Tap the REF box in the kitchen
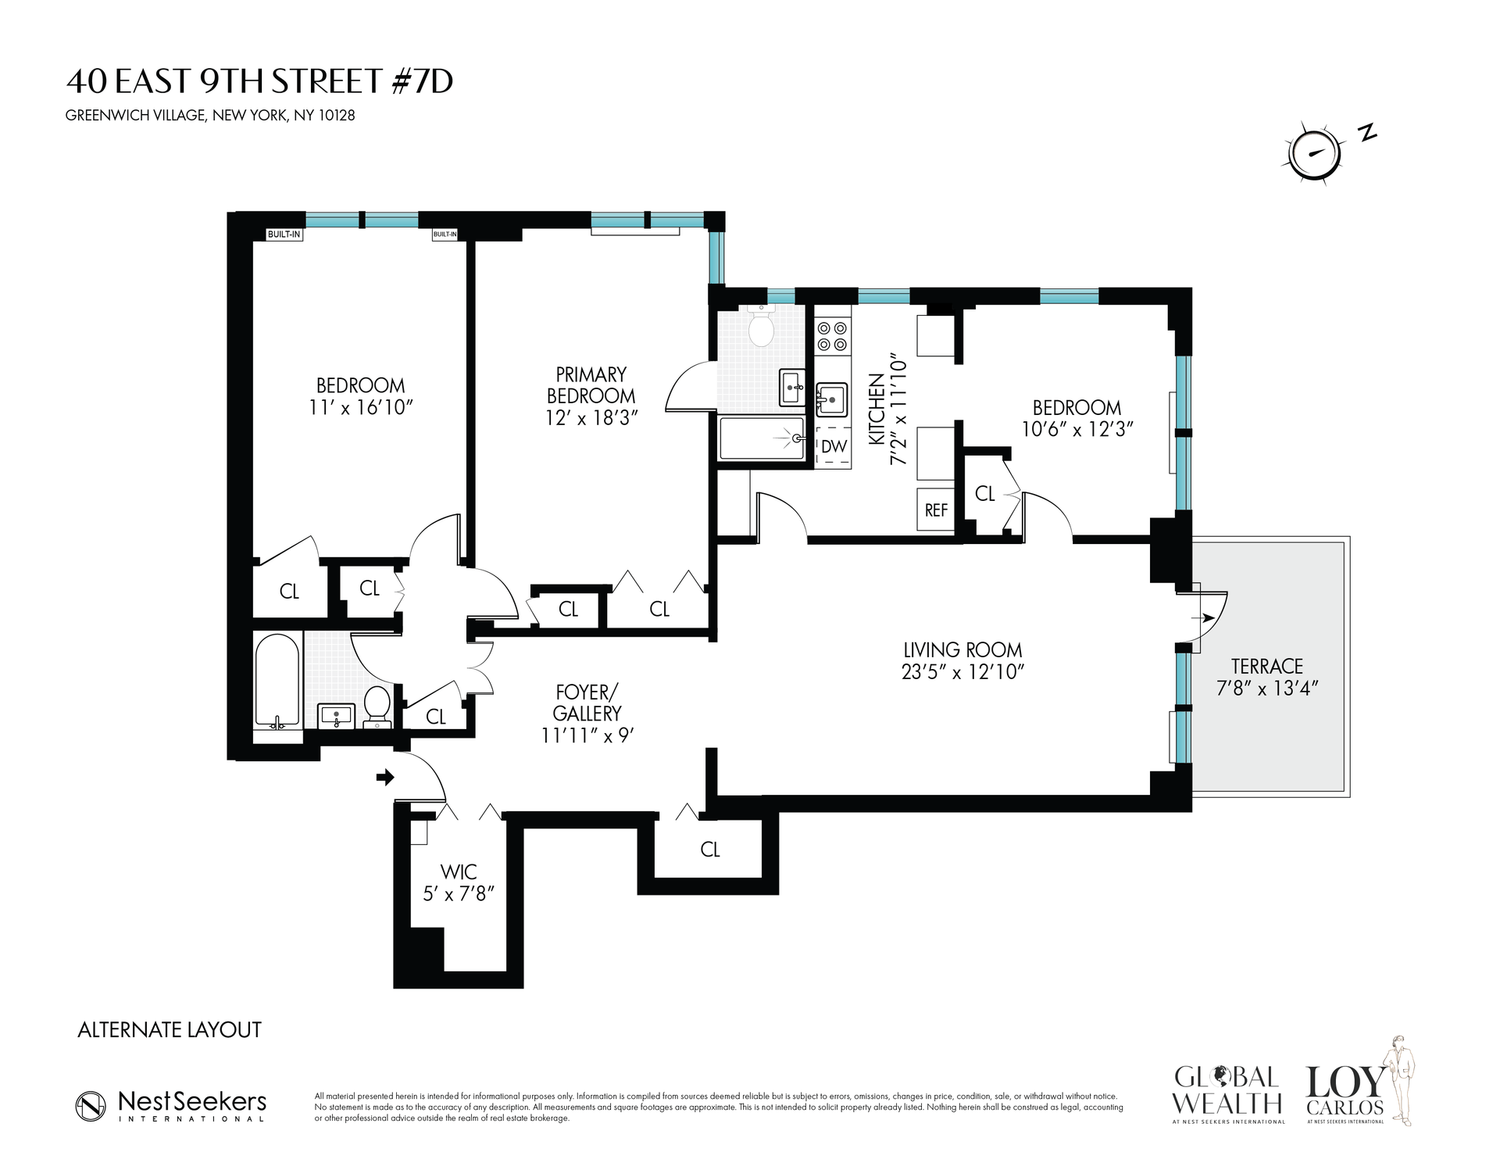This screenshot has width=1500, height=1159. (x=936, y=510)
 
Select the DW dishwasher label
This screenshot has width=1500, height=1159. (x=834, y=447)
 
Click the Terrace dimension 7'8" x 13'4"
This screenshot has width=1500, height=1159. (x=1266, y=689)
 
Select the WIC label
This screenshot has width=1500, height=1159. (x=459, y=871)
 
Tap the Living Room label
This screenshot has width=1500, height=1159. (x=962, y=650)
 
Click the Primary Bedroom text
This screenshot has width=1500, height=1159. (x=591, y=385)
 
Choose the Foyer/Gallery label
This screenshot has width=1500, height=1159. (x=587, y=703)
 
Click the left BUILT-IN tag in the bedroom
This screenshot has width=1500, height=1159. (x=284, y=234)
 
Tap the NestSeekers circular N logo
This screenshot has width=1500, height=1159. (x=91, y=1105)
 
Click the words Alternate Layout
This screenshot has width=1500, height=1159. (x=170, y=1030)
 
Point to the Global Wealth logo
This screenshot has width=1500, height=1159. (x=1229, y=1091)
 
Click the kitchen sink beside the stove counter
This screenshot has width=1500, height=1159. (x=832, y=401)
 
